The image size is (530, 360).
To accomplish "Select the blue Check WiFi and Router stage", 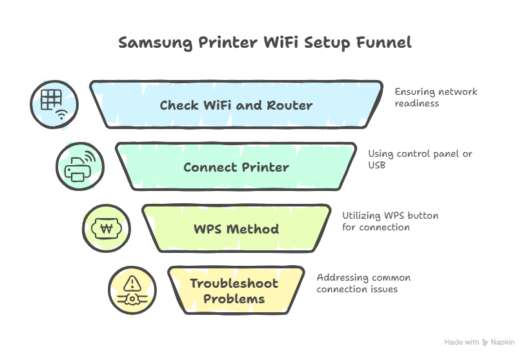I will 236,105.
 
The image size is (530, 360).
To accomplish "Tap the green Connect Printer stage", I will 236,167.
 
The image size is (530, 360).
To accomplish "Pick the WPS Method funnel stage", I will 236,228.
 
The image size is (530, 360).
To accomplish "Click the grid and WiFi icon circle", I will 54,104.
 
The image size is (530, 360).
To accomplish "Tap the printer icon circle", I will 79,166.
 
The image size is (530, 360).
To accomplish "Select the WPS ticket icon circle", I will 106,228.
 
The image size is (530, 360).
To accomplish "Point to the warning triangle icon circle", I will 132,290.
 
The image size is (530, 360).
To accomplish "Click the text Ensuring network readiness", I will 427,97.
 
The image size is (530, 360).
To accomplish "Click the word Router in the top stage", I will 290,105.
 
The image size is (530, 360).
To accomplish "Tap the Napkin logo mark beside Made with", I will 485,343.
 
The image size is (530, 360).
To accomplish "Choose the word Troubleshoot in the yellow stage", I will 234,283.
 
